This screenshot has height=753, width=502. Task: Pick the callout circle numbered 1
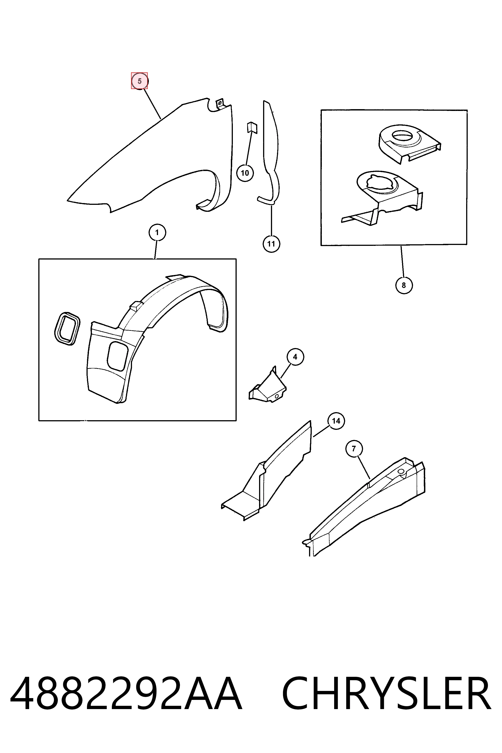pyautogui.click(x=157, y=233)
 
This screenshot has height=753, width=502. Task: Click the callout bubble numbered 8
pyautogui.click(x=404, y=285)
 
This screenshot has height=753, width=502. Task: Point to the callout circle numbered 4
pyautogui.click(x=295, y=357)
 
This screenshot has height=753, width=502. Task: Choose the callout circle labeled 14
pyautogui.click(x=336, y=421)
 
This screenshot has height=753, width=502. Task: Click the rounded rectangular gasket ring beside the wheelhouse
pyautogui.click(x=67, y=328)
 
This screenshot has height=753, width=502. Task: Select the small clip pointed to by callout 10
pyautogui.click(x=252, y=127)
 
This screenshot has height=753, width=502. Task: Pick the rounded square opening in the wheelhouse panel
pyautogui.click(x=119, y=356)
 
